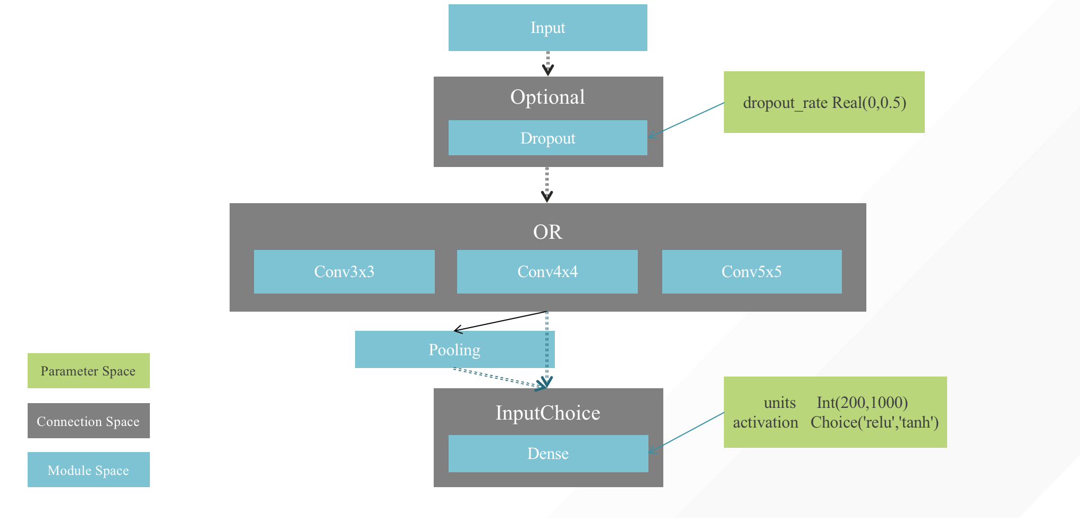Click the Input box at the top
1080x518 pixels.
tap(547, 28)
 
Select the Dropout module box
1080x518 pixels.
tap(547, 138)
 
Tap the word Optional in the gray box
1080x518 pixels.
tap(547, 97)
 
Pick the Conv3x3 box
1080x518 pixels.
tap(344, 272)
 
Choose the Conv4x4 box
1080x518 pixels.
tap(547, 272)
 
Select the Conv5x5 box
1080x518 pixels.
tap(752, 272)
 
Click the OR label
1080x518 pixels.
tap(547, 232)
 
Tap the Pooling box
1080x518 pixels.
tap(454, 350)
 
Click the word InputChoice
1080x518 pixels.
tap(547, 413)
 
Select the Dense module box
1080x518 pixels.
tap(547, 454)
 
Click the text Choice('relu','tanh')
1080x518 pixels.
tap(874, 423)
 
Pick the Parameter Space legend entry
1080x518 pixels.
tap(88, 371)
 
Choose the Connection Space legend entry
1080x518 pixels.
tap(88, 421)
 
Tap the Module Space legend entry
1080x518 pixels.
tap(88, 470)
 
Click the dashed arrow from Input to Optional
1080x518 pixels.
tap(547, 63)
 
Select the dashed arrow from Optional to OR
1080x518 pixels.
tap(547, 184)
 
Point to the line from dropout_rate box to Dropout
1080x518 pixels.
tap(686, 120)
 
